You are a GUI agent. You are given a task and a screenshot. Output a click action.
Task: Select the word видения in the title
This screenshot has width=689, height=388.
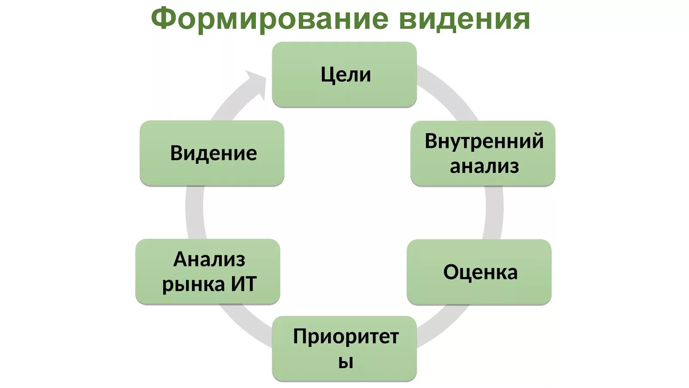pyautogui.click(x=464, y=19)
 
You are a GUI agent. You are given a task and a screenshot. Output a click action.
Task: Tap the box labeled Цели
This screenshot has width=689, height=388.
pyautogui.click(x=344, y=75)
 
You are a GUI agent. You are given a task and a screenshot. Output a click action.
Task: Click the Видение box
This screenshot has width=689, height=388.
pyautogui.click(x=212, y=153)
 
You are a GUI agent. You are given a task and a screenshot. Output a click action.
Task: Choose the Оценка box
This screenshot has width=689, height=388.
pyautogui.click(x=479, y=272)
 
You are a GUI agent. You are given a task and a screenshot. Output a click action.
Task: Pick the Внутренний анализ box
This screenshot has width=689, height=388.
pyautogui.click(x=483, y=153)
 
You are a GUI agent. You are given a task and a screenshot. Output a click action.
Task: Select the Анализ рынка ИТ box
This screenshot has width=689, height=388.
pyautogui.click(x=208, y=272)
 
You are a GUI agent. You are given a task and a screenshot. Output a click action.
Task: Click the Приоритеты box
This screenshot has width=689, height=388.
pyautogui.click(x=344, y=348)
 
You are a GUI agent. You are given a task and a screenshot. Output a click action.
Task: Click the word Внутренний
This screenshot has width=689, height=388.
pyautogui.click(x=484, y=141)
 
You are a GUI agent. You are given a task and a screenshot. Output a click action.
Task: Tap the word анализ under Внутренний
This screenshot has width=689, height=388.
pyautogui.click(x=484, y=166)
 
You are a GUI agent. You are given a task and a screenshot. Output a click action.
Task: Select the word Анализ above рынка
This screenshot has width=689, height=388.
pyautogui.click(x=209, y=260)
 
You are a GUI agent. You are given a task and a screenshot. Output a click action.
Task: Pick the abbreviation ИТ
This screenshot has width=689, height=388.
pyautogui.click(x=244, y=284)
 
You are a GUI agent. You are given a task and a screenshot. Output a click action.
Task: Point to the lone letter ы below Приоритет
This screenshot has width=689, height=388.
pyautogui.click(x=345, y=362)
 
